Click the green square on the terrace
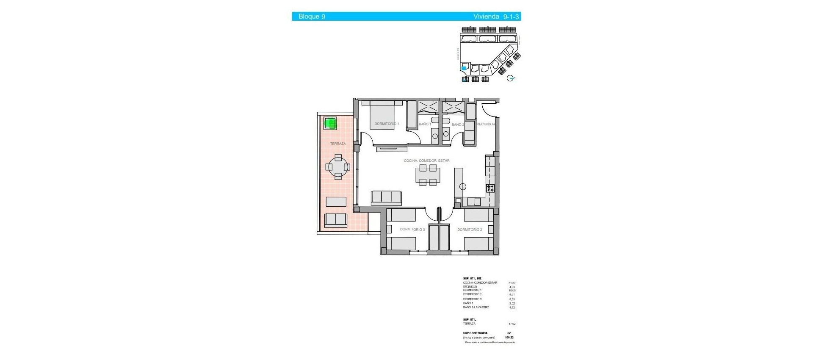(x=330, y=124)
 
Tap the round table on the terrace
(x=338, y=167)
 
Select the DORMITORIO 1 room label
(x=387, y=124)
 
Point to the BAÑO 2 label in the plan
(x=458, y=125)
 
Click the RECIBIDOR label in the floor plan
(x=486, y=124)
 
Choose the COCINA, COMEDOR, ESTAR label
(x=426, y=161)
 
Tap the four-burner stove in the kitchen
(x=490, y=188)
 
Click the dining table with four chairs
(x=428, y=175)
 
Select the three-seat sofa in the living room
(x=386, y=197)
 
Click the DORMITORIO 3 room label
(x=412, y=230)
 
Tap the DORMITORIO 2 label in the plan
(x=470, y=230)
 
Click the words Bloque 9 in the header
(x=312, y=17)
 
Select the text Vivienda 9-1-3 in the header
(x=496, y=17)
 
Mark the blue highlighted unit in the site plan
(x=464, y=68)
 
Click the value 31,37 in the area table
(x=512, y=283)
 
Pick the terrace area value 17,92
(x=512, y=324)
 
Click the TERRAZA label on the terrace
(x=338, y=144)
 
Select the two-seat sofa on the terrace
(x=336, y=219)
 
